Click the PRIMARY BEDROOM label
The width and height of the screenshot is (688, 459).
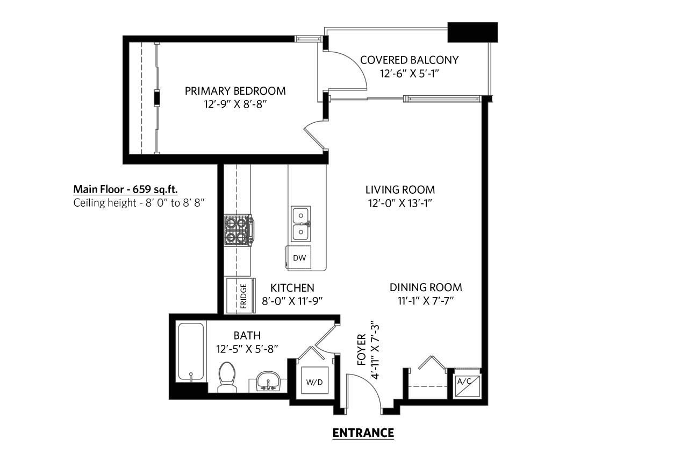[x=235, y=91]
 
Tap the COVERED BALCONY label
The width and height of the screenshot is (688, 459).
[x=409, y=60]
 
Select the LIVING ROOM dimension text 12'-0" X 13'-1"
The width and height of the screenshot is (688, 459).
[x=400, y=203]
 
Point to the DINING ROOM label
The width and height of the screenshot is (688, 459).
[x=426, y=287]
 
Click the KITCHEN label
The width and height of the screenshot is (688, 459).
[x=292, y=288]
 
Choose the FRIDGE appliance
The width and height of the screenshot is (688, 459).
[x=241, y=296]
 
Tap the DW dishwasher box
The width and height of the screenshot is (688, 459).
[x=299, y=258]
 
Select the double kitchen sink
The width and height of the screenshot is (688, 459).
[x=301, y=224]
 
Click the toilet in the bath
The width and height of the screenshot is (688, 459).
[x=227, y=377]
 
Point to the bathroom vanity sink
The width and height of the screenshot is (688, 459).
[x=268, y=381]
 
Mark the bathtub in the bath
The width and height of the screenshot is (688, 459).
[x=191, y=351]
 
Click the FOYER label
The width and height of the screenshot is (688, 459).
[x=362, y=350]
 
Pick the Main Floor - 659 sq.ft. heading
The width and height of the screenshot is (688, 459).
[x=125, y=189]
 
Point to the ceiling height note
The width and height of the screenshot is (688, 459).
[x=139, y=203]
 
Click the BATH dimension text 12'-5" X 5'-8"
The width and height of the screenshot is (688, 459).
[x=247, y=349]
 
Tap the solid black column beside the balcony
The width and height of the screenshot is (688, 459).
[x=472, y=32]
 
